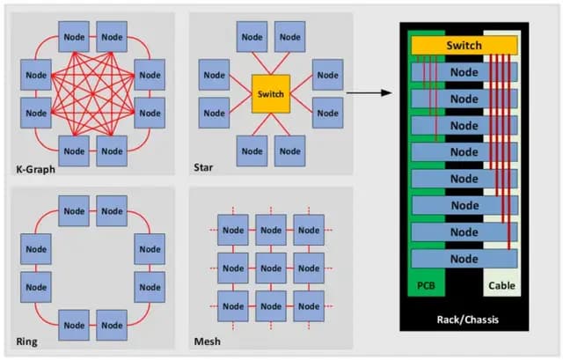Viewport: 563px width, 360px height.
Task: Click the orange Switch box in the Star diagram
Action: pyautogui.click(x=270, y=92)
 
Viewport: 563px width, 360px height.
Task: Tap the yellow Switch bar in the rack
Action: pyautogui.click(x=464, y=44)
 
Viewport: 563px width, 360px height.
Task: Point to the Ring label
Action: pyautogui.click(x=27, y=341)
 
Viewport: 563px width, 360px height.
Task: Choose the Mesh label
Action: pyautogui.click(x=208, y=341)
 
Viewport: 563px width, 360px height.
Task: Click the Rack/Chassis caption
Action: pyautogui.click(x=464, y=318)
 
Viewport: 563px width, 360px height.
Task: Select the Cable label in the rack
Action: pyautogui.click(x=501, y=286)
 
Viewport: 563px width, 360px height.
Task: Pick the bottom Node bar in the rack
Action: pyautogui.click(x=464, y=260)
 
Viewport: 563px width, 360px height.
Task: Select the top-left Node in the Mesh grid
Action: pyautogui.click(x=232, y=231)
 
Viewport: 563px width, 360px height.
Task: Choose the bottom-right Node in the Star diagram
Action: pyautogui.click(x=289, y=149)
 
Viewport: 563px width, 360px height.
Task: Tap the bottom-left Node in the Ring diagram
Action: pyautogui.click(x=73, y=324)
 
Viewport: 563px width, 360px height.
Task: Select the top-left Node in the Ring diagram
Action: pyautogui.click(x=73, y=211)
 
